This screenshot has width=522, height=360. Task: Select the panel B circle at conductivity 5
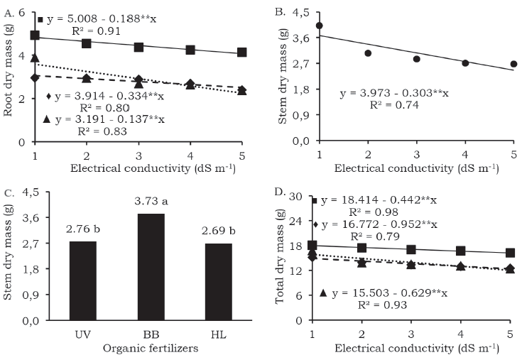coord(513,64)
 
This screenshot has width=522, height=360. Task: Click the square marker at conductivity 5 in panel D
coord(510,253)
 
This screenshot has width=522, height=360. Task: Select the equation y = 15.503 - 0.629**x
coord(388,293)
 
